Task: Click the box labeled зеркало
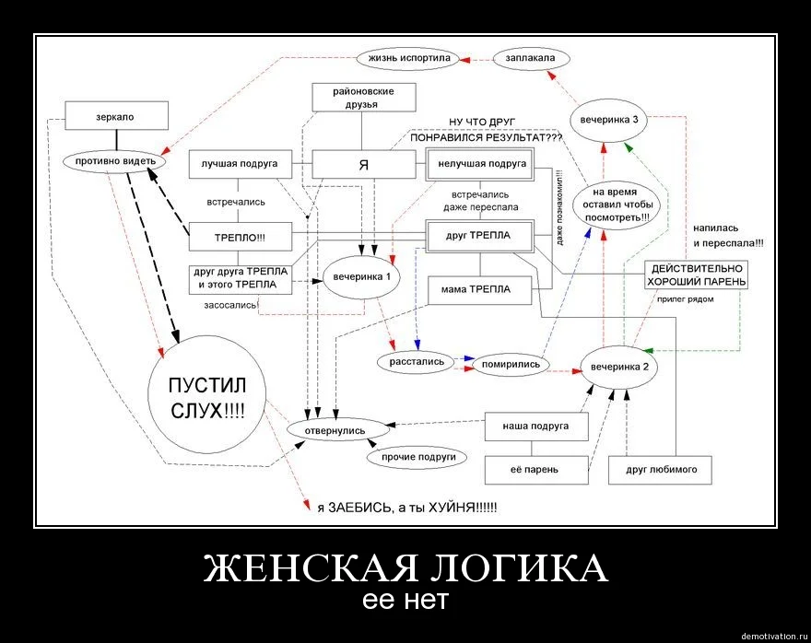pos(117,116)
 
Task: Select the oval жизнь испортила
pos(408,58)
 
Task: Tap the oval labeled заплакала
pos(531,58)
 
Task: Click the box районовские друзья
pos(363,98)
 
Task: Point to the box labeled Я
pos(363,164)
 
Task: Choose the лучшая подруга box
pos(240,164)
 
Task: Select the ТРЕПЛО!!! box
pos(240,237)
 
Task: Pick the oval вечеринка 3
pos(610,121)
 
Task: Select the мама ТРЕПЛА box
pos(481,290)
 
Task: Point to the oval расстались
pos(417,362)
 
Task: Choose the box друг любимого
pos(661,470)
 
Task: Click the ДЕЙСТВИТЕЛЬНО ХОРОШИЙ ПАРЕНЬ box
pos(697,274)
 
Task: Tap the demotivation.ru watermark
pos(773,635)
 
